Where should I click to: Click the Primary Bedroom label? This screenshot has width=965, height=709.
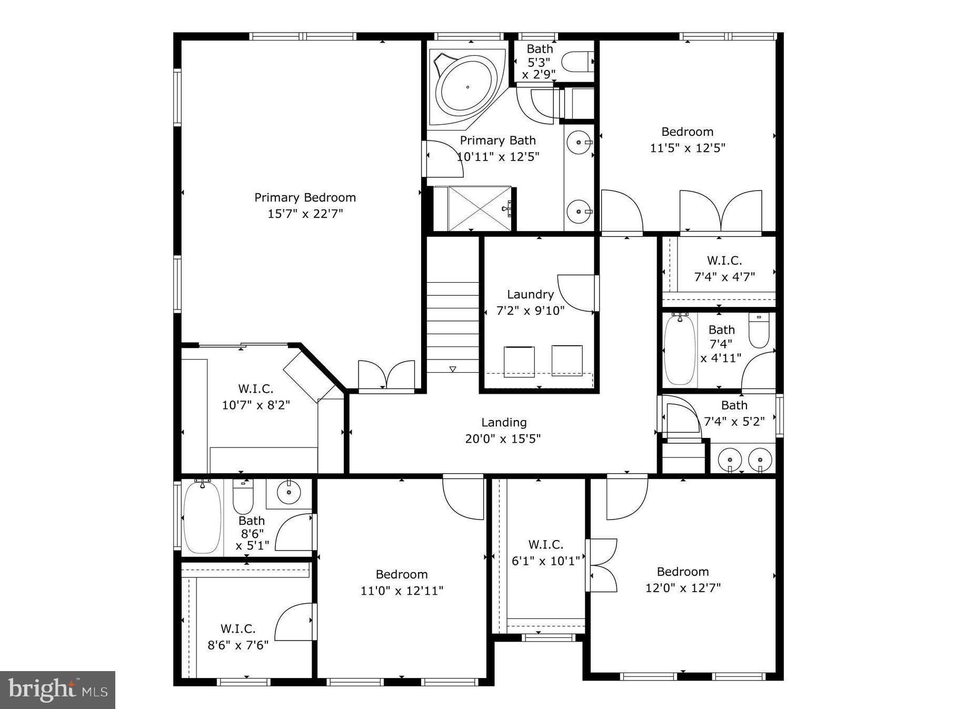pyautogui.click(x=305, y=198)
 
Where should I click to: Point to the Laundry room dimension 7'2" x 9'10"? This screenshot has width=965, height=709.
pyautogui.click(x=530, y=311)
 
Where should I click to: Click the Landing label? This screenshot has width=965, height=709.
pyautogui.click(x=504, y=422)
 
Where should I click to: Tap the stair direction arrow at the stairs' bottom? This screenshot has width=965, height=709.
pyautogui.click(x=453, y=369)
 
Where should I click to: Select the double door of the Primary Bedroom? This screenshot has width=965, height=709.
pyautogui.click(x=386, y=376)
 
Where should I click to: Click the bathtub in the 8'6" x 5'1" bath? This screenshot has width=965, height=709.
pyautogui.click(x=202, y=516)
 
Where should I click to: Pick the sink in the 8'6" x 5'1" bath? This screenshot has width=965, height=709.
pyautogui.click(x=288, y=493)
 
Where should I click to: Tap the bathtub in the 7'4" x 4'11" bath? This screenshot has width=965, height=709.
pyautogui.click(x=680, y=349)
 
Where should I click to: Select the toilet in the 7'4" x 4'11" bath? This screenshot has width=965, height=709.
pyautogui.click(x=759, y=331)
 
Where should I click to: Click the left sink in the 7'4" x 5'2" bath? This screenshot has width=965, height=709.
pyautogui.click(x=730, y=459)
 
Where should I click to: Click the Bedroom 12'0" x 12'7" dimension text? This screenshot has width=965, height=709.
pyautogui.click(x=683, y=587)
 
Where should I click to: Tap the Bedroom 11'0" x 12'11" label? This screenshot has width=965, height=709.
pyautogui.click(x=402, y=574)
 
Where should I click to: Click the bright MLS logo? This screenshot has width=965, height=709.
pyautogui.click(x=57, y=690)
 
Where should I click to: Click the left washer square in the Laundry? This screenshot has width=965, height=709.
pyautogui.click(x=519, y=361)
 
